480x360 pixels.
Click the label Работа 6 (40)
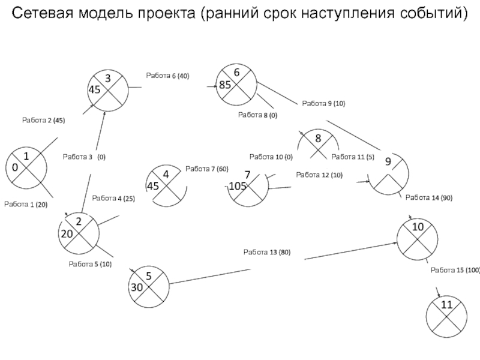pos(167,76)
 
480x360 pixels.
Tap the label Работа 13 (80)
pos(267,252)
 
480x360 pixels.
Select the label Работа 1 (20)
pos(26,205)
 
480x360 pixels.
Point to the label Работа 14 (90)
pos(429,198)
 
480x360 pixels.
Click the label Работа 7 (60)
pos(207,169)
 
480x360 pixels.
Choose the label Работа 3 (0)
pos(84,157)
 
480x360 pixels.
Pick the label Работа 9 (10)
pos(323,103)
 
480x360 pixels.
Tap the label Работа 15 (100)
pos(455,271)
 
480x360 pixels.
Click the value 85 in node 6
pos(225,85)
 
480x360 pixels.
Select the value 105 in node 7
pos(238,186)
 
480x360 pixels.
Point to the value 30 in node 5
pos(137,287)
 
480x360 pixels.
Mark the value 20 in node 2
pos(67,234)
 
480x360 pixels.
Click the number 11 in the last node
pos(446,305)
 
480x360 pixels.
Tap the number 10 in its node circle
pos(418,227)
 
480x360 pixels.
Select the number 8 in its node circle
pos(318,139)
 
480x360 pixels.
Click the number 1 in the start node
pos(26,157)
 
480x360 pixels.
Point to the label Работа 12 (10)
pos(319,175)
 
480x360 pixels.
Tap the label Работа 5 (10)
pos(90,264)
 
